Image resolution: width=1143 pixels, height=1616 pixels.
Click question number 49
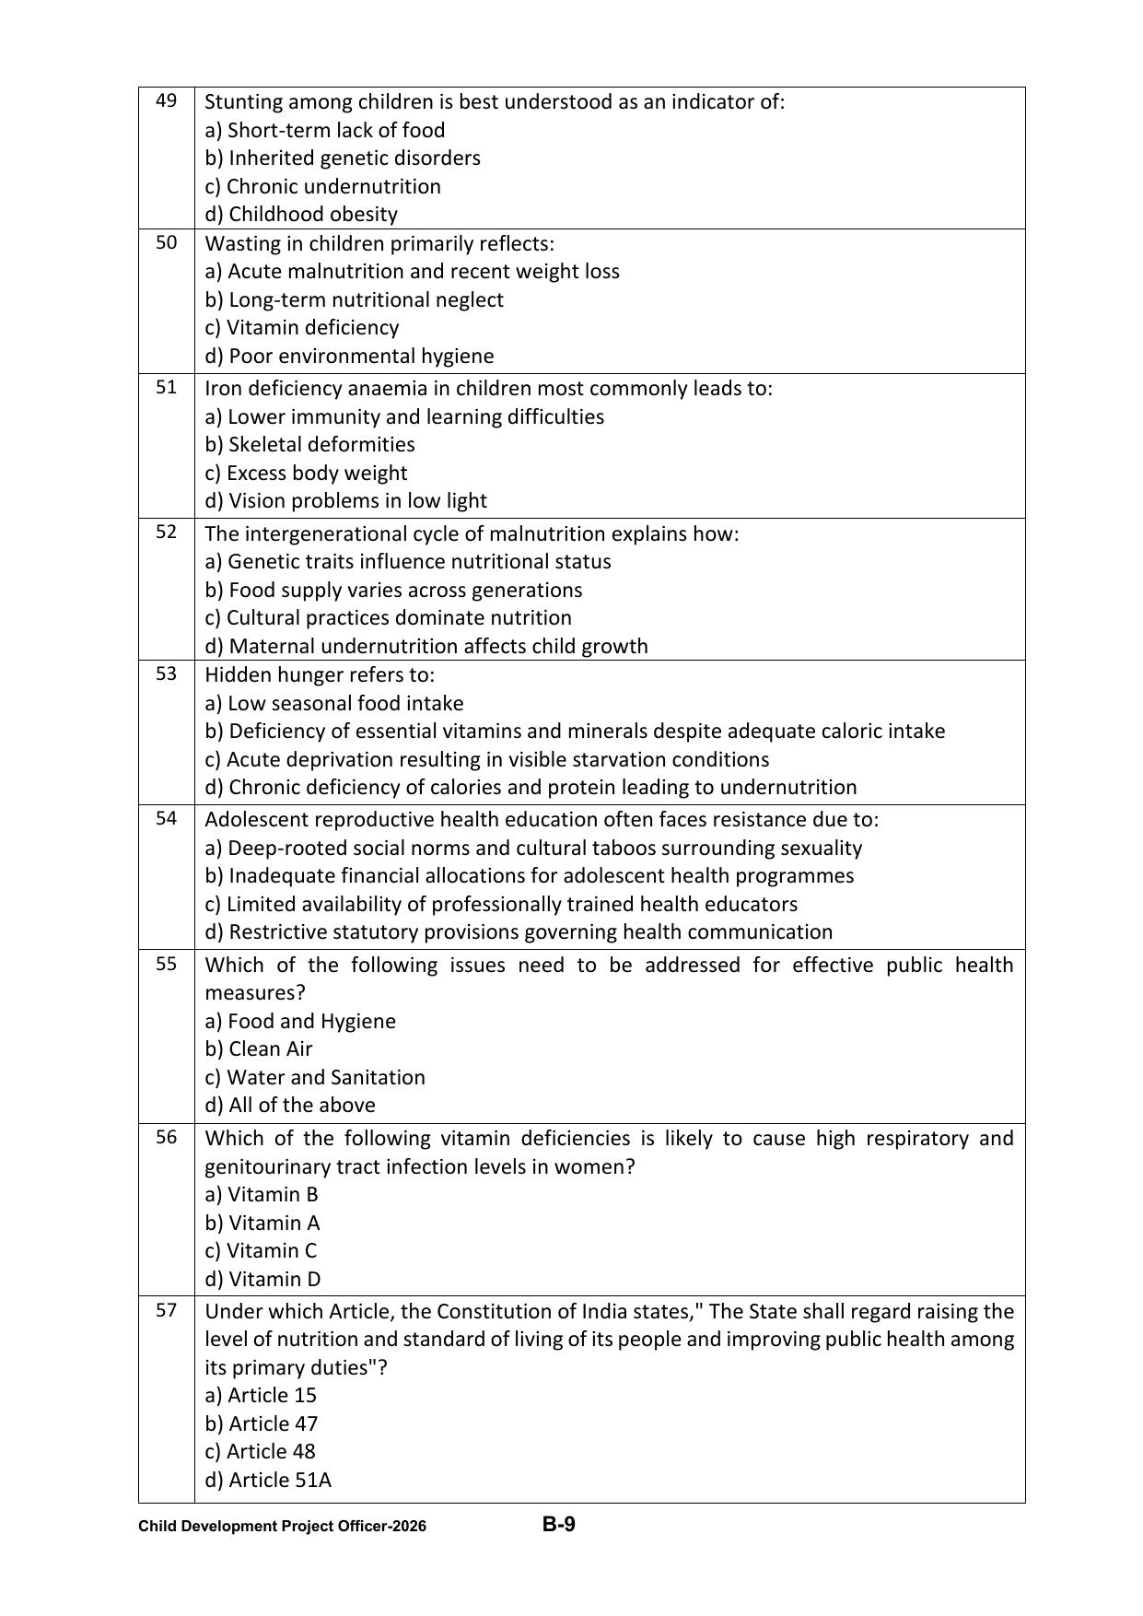(x=166, y=100)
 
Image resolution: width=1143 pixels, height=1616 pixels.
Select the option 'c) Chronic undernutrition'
(x=322, y=186)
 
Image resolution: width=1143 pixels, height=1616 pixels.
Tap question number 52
(x=166, y=532)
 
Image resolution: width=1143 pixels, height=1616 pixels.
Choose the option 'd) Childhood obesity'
(x=301, y=214)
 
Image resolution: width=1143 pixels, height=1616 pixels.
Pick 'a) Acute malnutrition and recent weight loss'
(x=412, y=271)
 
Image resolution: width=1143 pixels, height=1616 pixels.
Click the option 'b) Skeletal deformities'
(x=309, y=444)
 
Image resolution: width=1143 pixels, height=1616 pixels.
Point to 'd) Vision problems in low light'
(x=345, y=500)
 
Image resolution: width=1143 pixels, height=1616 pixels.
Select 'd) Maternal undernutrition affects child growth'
(x=426, y=646)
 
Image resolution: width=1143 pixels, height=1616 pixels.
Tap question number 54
(x=166, y=818)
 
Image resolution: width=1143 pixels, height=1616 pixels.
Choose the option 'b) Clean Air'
(x=258, y=1048)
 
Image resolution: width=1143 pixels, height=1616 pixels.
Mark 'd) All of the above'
(x=289, y=1105)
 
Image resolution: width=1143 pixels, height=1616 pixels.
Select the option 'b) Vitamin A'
(x=262, y=1223)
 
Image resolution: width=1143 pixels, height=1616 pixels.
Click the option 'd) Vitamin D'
(x=262, y=1279)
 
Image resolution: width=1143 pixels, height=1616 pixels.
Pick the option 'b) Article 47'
(x=261, y=1423)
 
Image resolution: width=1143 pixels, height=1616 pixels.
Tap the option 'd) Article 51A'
(x=267, y=1480)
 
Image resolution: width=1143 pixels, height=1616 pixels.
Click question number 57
(x=166, y=1309)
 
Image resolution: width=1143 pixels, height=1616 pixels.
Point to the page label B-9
(x=558, y=1525)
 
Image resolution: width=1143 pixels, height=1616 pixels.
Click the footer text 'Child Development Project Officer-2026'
(x=282, y=1527)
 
